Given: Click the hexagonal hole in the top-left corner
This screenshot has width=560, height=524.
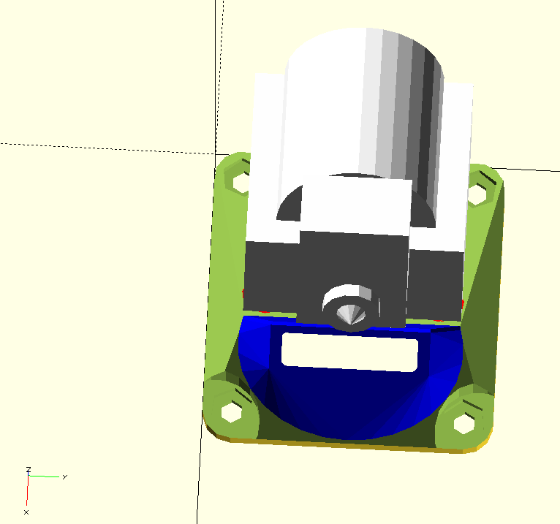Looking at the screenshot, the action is pyautogui.click(x=241, y=182).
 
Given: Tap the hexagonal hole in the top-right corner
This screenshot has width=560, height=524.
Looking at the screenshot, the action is pyautogui.click(x=477, y=194).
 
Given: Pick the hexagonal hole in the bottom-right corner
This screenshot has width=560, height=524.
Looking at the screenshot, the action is pyautogui.click(x=464, y=424).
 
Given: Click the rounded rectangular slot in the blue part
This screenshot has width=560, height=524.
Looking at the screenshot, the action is pyautogui.click(x=349, y=352).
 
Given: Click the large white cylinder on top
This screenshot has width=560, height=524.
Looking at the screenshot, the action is pyautogui.click(x=364, y=107).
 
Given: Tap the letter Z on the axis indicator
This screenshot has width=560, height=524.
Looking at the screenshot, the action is pyautogui.click(x=29, y=469).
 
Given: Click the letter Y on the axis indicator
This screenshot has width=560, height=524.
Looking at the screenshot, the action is pyautogui.click(x=64, y=477).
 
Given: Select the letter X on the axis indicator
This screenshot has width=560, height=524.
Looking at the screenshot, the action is pyautogui.click(x=26, y=512).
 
